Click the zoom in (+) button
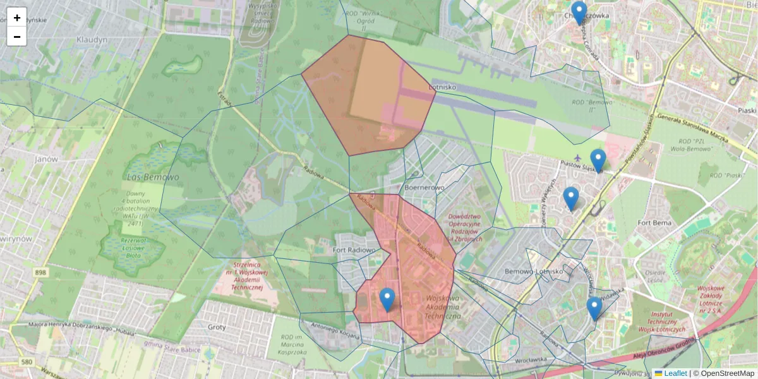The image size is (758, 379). (17, 17)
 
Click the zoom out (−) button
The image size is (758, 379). (17, 37)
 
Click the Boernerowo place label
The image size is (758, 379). (423, 188)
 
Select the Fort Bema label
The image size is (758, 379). (654, 223)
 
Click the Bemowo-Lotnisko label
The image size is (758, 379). (534, 271)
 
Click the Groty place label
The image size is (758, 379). (217, 327)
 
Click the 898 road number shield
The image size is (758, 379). (41, 272)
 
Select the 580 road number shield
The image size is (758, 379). (26, 362)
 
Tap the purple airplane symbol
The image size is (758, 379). (577, 157)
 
